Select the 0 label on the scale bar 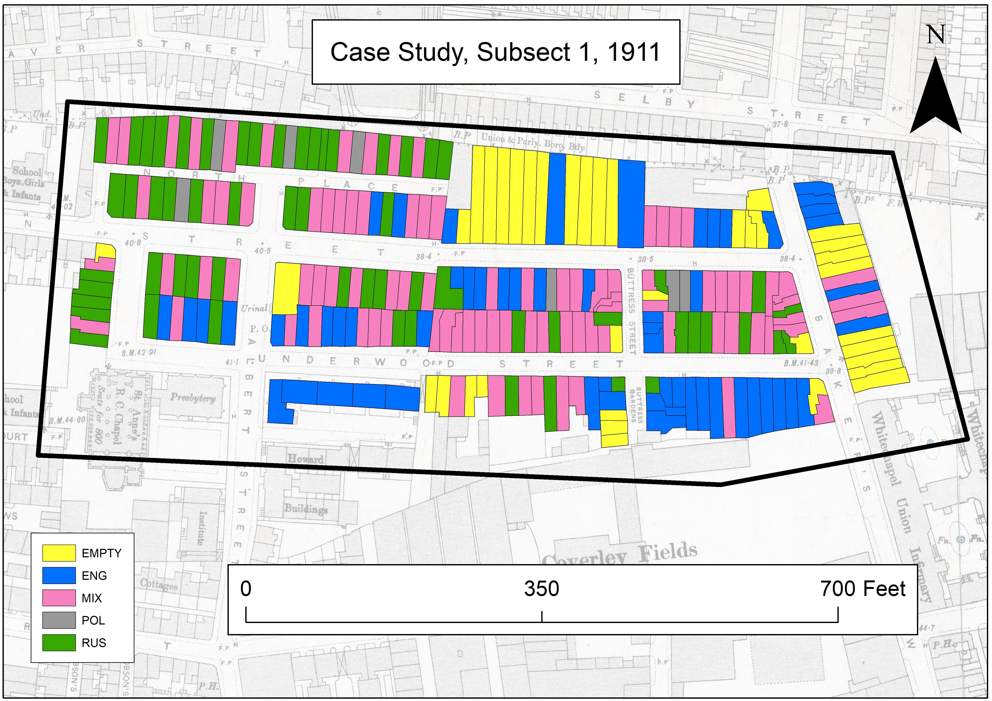coord(246,589)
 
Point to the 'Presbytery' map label coord(193,398)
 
